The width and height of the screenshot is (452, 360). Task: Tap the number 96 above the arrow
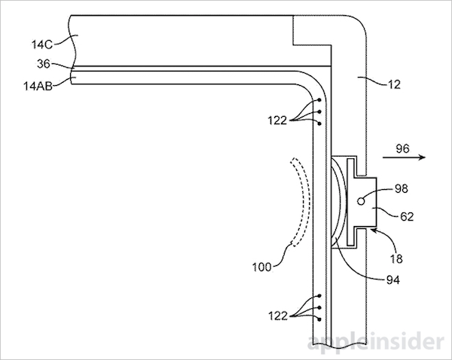(404, 148)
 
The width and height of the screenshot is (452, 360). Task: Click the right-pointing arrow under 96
(403, 159)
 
